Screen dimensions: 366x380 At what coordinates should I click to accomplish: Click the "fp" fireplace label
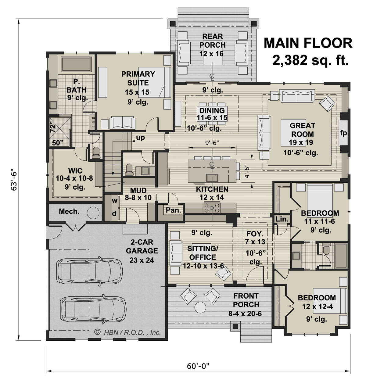click(343, 133)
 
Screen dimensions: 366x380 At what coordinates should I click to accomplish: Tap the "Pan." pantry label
click(174, 210)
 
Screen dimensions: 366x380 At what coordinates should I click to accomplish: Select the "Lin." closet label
click(282, 219)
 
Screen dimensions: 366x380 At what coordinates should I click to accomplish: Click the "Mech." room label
click(69, 211)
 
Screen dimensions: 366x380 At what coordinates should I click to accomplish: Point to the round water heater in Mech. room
click(93, 213)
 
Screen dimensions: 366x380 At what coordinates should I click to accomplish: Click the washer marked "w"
click(115, 201)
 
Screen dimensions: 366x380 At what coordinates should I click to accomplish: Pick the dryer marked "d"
click(114, 214)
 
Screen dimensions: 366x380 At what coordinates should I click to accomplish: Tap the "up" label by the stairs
click(140, 138)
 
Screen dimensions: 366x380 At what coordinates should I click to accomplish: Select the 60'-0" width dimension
click(198, 366)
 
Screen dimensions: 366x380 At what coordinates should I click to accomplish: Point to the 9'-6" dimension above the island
click(212, 143)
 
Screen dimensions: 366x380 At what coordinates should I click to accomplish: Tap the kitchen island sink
click(212, 177)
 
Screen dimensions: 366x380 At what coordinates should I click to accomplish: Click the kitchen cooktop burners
click(212, 208)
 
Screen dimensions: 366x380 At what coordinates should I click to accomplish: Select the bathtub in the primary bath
click(76, 64)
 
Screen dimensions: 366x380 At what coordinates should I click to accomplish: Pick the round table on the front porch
click(200, 307)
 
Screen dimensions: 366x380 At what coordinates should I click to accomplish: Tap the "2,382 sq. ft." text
click(310, 60)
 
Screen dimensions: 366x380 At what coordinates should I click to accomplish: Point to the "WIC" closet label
click(75, 171)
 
